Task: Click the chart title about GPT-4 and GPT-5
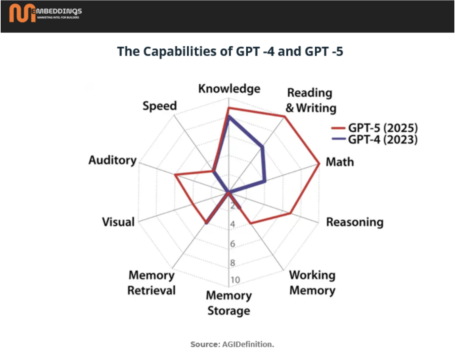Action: pos(230,52)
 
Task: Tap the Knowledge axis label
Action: pos(229,89)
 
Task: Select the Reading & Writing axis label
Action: pos(310,100)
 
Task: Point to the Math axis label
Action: pos(340,162)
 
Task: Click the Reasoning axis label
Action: pos(355,222)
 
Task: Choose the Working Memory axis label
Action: pos(312,283)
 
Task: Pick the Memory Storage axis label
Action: pos(229,303)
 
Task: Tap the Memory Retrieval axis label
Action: pos(151,283)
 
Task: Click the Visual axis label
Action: pos(118,222)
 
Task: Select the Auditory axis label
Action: pos(112,160)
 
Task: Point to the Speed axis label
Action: pos(160,106)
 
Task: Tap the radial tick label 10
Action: pos(235,280)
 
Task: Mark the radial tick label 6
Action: pos(233,244)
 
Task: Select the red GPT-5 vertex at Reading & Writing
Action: pos(284,116)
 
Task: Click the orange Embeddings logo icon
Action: pos(22,13)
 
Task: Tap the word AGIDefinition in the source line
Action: pos(248,344)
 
